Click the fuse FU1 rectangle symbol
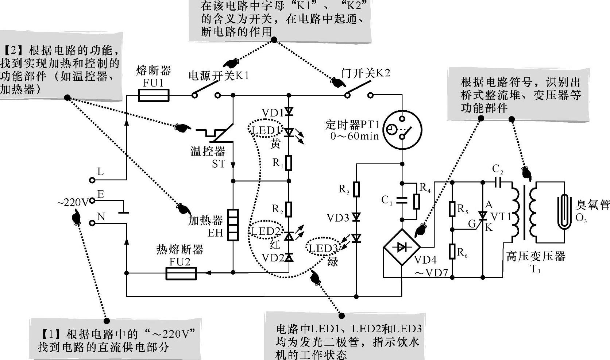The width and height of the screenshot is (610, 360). (x=154, y=96)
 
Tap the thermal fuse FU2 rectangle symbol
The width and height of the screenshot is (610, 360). (x=181, y=273)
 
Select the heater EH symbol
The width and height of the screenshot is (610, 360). (x=233, y=225)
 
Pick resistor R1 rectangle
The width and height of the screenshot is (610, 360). (x=289, y=163)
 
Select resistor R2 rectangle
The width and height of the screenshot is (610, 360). (x=289, y=209)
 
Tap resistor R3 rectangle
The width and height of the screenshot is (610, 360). (x=356, y=189)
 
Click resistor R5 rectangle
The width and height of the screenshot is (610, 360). (x=452, y=209)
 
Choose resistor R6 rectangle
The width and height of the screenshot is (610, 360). (x=452, y=252)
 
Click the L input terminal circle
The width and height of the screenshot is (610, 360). (x=92, y=180)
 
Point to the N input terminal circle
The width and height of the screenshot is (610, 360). (x=92, y=222)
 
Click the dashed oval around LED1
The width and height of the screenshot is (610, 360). (x=265, y=130)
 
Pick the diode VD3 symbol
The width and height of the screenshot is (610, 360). (x=356, y=218)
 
